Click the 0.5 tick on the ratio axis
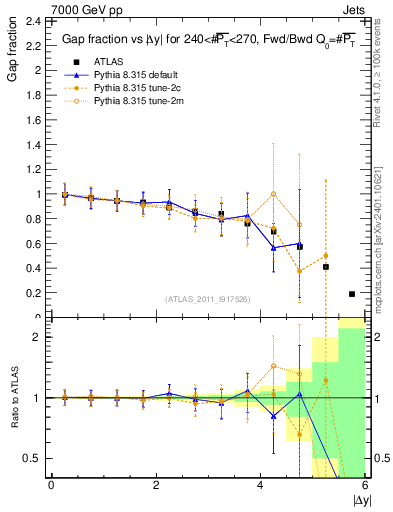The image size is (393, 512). [35, 458]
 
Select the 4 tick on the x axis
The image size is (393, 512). [260, 485]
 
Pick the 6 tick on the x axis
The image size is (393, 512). [364, 485]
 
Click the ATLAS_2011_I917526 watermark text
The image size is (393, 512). [207, 299]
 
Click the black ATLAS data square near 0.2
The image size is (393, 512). [351, 294]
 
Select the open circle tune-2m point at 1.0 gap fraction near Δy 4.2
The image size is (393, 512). [273, 194]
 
